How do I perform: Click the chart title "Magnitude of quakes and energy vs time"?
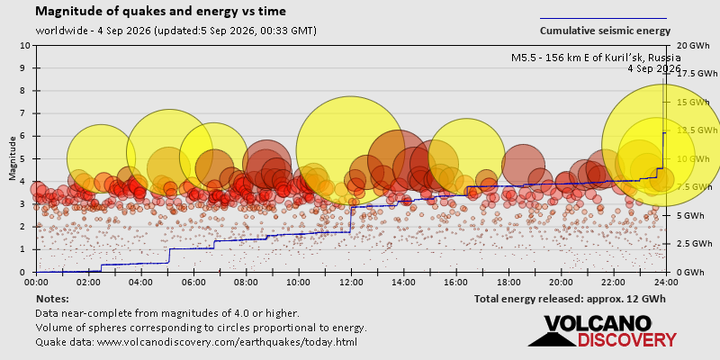click(x=161, y=12)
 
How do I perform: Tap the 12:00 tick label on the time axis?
click(x=351, y=281)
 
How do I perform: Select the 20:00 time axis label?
click(x=561, y=281)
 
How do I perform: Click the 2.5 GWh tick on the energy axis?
click(x=689, y=243)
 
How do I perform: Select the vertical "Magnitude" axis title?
click(x=13, y=158)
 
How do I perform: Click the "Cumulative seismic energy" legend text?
click(x=605, y=31)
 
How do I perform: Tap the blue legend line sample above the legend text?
click(x=603, y=18)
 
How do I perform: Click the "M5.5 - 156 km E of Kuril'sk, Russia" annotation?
click(x=596, y=58)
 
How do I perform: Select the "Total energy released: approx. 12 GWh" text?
click(x=570, y=300)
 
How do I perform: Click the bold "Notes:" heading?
click(x=52, y=300)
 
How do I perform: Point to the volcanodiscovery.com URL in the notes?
click(x=227, y=342)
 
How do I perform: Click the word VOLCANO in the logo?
click(x=598, y=325)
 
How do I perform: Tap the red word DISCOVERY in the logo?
click(x=626, y=340)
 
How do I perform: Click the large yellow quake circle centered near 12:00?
click(x=350, y=150)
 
